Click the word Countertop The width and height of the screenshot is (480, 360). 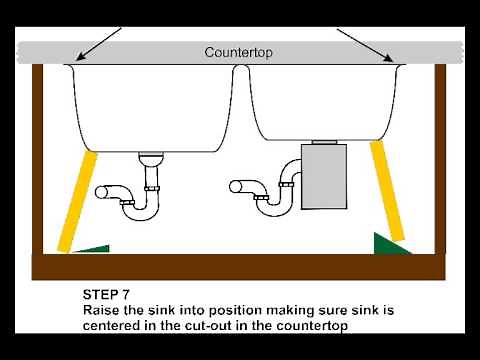[240, 52]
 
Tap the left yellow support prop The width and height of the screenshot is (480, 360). [74, 201]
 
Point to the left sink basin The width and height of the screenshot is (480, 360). [150, 105]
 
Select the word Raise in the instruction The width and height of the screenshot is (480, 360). [102, 311]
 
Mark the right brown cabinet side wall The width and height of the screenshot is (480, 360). [441, 160]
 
